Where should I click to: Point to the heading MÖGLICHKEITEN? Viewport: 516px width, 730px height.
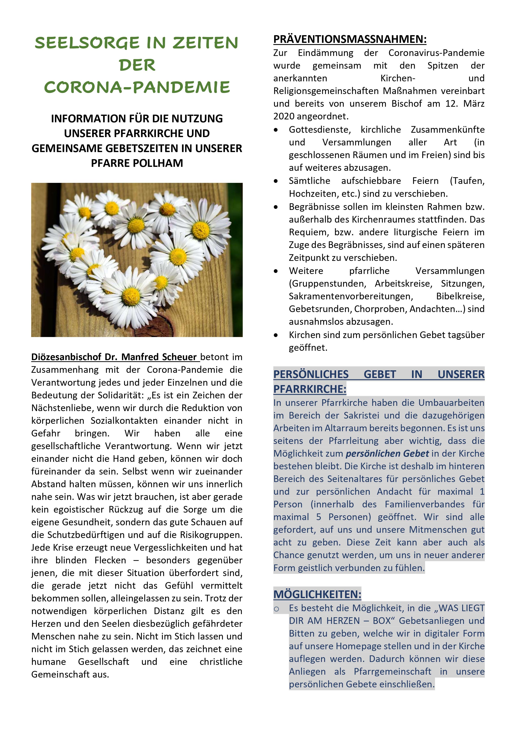317,594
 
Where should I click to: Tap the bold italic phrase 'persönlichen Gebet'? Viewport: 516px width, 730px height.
387,453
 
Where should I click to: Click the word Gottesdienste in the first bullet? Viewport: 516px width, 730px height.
319,130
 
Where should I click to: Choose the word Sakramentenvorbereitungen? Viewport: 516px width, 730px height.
351,296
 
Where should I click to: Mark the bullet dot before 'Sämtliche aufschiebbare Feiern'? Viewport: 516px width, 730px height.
276,181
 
